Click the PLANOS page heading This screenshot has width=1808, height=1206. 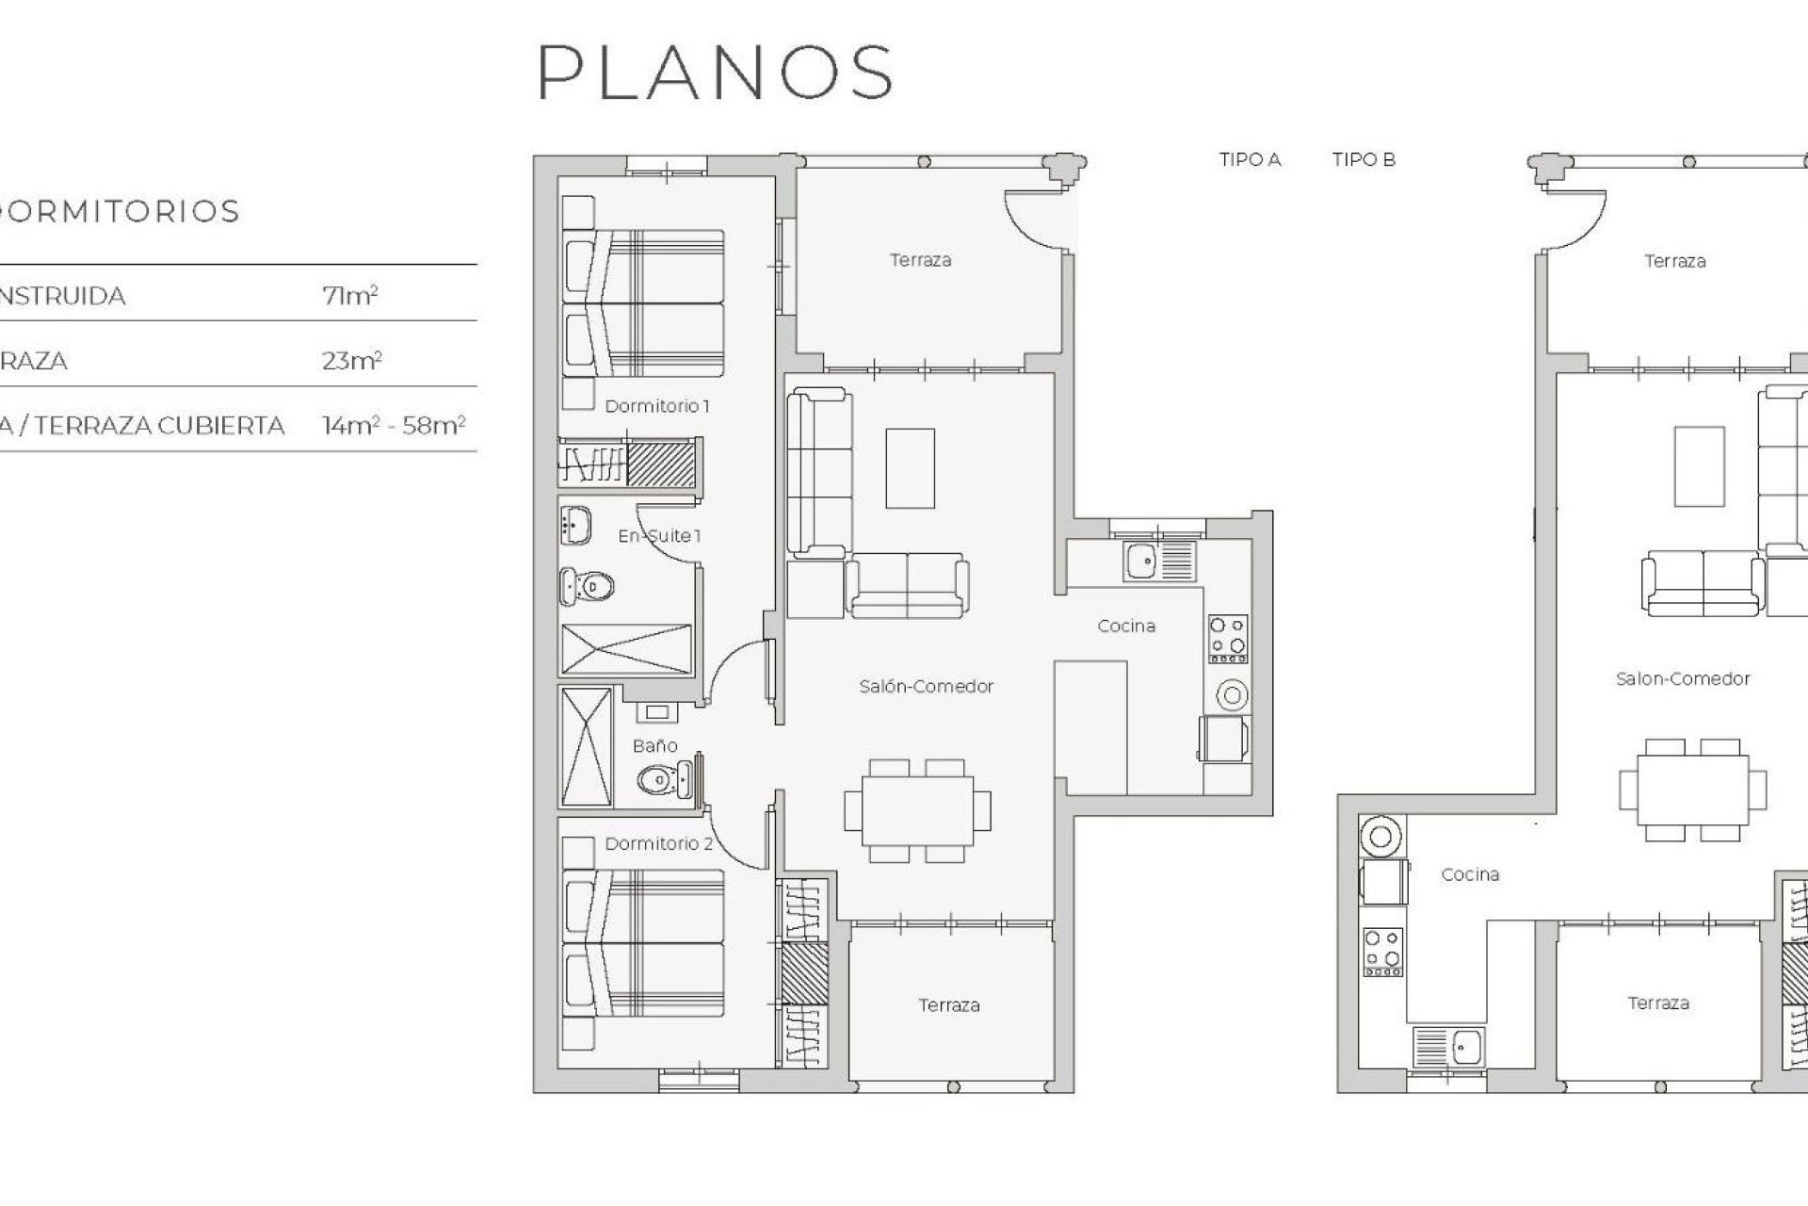pos(715,72)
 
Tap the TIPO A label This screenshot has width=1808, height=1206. pos(1250,159)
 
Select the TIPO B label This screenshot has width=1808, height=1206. pos(1364,159)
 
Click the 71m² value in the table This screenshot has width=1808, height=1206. pos(349,296)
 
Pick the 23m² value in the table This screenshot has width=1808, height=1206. pos(351,361)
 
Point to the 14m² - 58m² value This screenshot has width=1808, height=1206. pos(394,426)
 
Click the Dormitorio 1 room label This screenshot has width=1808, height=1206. pos(656,406)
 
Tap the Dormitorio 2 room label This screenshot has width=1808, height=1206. pos(658,843)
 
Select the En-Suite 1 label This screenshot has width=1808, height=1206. pos(659,536)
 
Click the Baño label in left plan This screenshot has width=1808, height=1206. pos(654,745)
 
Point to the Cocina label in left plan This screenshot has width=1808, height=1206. pos(1126,626)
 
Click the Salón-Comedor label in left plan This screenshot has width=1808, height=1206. pos(926,686)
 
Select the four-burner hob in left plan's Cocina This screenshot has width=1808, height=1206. pos(1228,636)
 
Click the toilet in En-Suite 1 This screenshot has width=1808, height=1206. pos(588,587)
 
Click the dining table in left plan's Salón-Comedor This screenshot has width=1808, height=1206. pos(917,810)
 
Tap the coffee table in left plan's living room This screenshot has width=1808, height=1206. pos(910,468)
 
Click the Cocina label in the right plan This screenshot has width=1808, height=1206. pos(1470,874)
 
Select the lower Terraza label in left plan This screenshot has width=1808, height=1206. pos(948,1005)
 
